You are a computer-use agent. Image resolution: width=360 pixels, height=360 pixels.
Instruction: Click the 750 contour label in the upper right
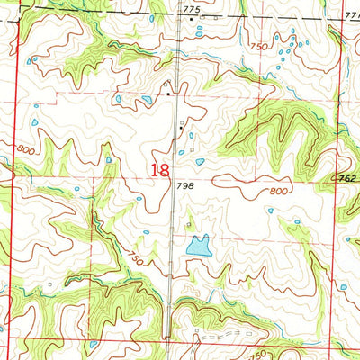tap(259, 46)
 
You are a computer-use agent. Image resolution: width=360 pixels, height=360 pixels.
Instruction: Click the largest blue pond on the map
tap(198, 244)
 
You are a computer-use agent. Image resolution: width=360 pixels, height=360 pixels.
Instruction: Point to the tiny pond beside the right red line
tap(343, 286)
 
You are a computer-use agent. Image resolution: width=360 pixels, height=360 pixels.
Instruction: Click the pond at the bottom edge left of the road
tap(94, 344)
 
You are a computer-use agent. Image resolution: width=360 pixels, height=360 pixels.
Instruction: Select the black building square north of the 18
tap(166, 93)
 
